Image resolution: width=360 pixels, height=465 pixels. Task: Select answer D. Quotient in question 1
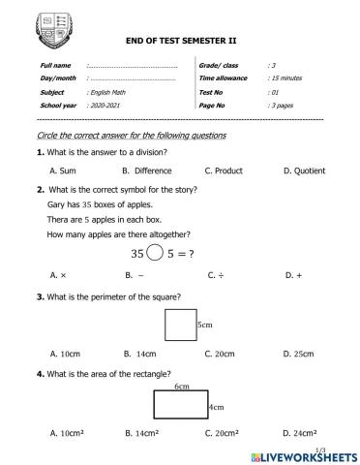[x=305, y=170]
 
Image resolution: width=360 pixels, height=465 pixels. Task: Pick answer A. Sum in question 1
[x=64, y=170]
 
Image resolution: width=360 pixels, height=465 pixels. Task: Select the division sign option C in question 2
[x=216, y=275]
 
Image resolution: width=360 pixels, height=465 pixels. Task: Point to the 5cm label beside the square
[x=204, y=325]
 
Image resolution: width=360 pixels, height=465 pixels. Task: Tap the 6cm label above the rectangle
[x=181, y=386]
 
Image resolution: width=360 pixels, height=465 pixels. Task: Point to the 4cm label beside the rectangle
[x=217, y=407]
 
